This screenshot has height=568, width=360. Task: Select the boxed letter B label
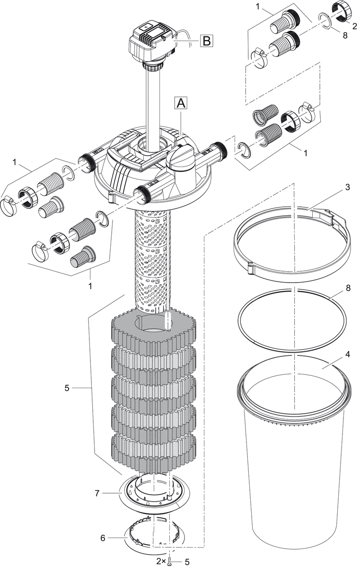tap(206, 41)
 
